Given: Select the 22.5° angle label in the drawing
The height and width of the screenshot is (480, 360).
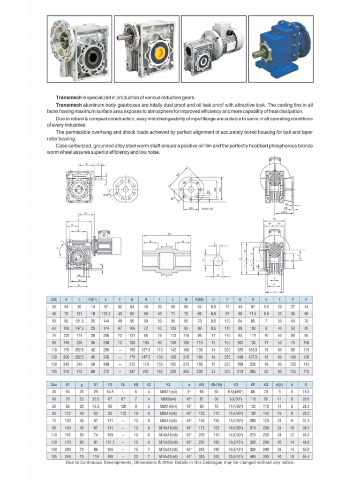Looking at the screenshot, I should (x=106, y=195).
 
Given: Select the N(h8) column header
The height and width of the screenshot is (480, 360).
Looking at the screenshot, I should (x=200, y=299).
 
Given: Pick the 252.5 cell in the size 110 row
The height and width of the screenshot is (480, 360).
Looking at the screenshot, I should (x=79, y=350).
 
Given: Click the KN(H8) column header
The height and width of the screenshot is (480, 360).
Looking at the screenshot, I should (x=216, y=384).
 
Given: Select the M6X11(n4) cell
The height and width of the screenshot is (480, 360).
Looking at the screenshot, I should (x=168, y=391).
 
